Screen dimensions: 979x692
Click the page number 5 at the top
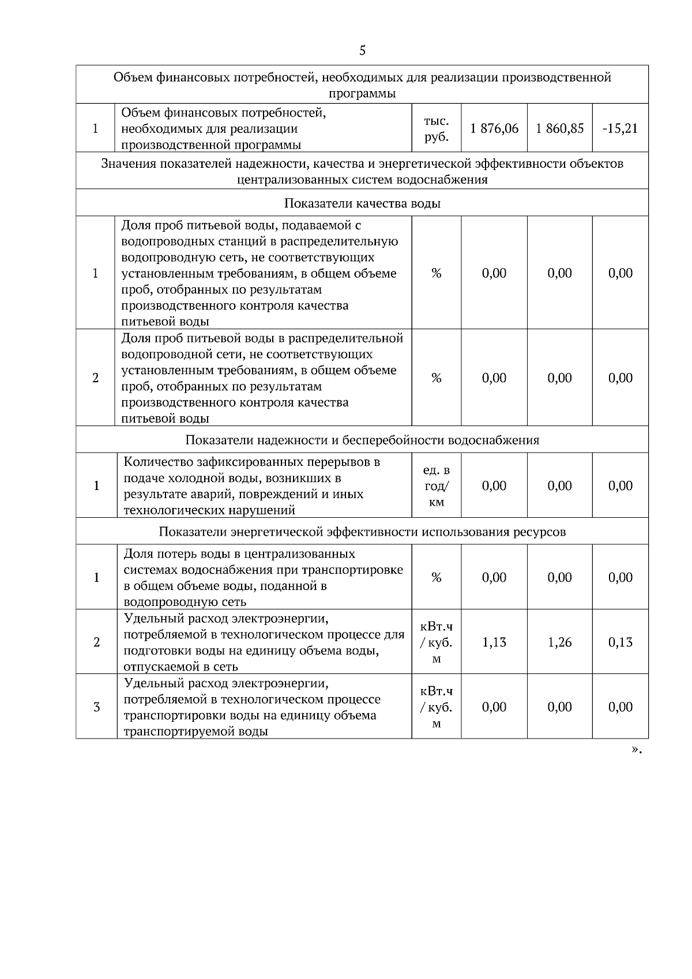362,51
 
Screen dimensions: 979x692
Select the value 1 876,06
494,129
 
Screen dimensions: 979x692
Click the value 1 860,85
559,129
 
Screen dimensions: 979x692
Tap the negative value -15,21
620,129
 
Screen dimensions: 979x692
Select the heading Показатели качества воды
362,204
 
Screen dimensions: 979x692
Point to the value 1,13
494,642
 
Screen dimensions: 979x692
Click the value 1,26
559,642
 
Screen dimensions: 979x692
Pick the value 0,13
620,642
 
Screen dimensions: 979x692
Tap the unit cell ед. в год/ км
437,486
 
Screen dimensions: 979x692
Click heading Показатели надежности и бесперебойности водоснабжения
362,440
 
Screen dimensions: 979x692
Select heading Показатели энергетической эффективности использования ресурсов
362,532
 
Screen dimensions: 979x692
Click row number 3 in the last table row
96,707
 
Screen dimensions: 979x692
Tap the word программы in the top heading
362,93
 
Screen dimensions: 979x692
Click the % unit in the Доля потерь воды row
436,578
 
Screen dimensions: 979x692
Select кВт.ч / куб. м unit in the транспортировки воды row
437,707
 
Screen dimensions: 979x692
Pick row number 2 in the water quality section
96,378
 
